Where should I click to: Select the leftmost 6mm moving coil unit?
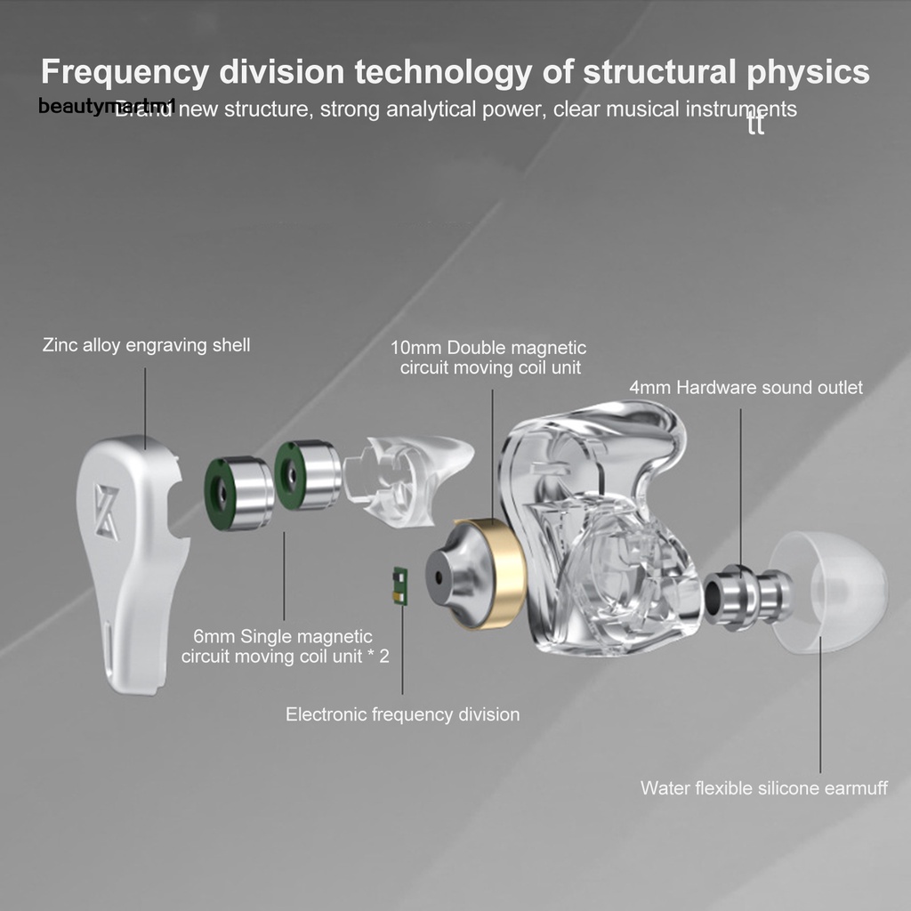[x=239, y=493]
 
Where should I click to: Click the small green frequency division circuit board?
[x=400, y=587]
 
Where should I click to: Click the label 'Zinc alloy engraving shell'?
[x=147, y=345]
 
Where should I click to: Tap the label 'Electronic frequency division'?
[x=402, y=714]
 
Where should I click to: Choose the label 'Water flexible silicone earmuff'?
[x=763, y=788]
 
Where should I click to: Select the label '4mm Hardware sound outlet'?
[x=746, y=388]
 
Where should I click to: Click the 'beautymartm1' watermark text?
[x=107, y=107]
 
